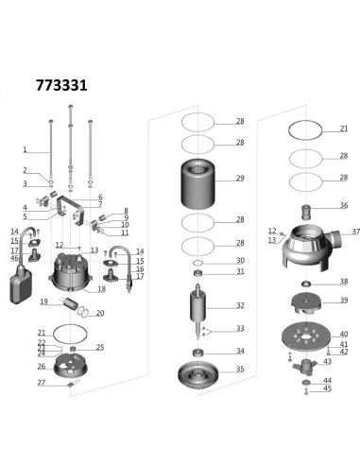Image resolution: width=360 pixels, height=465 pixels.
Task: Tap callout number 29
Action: (x=240, y=178)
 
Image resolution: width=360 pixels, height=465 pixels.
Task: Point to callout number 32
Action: (x=240, y=305)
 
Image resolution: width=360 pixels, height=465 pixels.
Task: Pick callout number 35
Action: (x=240, y=369)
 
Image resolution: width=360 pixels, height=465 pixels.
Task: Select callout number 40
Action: (x=344, y=334)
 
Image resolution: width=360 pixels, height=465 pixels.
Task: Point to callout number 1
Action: (x=26, y=149)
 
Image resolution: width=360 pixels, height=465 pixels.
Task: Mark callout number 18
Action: (x=101, y=288)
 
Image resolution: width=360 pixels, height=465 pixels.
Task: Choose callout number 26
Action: (x=41, y=367)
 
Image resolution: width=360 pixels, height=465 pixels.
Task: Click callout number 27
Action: (x=41, y=383)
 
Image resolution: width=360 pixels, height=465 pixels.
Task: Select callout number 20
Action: (x=100, y=313)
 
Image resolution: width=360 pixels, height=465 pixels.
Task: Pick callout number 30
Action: (x=240, y=260)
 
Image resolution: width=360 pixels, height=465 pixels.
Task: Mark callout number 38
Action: (x=344, y=282)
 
